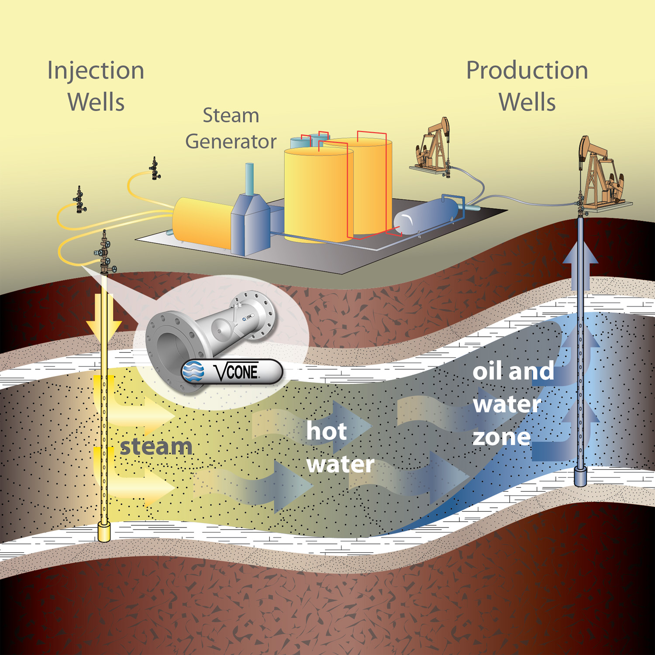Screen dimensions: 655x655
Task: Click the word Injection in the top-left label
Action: coord(96,71)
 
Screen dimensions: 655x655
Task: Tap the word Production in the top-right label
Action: coord(527,71)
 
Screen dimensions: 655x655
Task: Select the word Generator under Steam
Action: coord(231,141)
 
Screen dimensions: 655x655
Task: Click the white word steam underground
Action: coord(156,447)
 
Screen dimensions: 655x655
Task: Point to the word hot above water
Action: coord(326,431)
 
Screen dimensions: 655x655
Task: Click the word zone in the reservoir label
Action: coord(501,437)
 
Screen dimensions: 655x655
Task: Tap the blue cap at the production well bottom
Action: coord(580,477)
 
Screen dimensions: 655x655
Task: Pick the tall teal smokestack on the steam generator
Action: coord(249,179)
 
